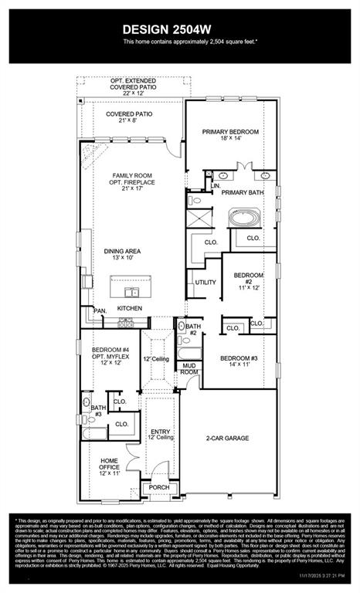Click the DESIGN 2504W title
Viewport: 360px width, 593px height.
point(179,28)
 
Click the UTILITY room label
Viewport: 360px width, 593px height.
point(205,283)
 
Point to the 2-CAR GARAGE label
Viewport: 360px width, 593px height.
point(227,438)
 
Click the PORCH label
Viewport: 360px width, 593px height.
point(159,487)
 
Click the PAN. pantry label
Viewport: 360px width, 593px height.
point(100,310)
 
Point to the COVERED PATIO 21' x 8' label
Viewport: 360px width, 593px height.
point(129,117)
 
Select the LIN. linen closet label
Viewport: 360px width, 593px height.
point(215,186)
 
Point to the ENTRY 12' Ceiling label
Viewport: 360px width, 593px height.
point(161,435)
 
